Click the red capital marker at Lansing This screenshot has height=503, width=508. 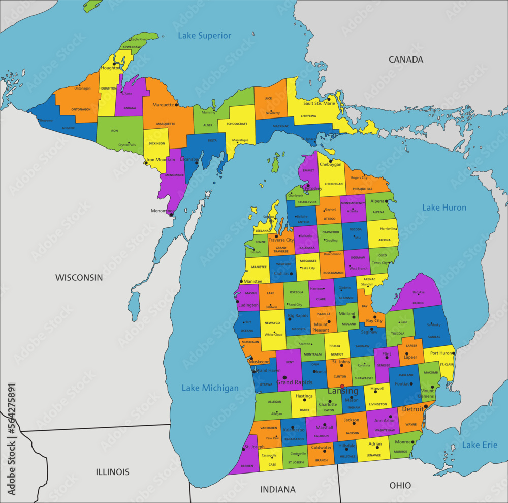click(x=342, y=387)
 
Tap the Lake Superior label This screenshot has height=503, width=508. click(x=204, y=36)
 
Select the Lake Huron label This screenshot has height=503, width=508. click(x=444, y=208)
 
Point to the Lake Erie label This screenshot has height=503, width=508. click(x=480, y=445)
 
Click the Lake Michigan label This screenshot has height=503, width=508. click(x=210, y=388)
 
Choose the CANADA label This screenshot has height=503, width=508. click(x=406, y=60)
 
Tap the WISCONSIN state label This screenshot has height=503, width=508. click(x=79, y=278)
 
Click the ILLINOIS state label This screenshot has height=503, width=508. click(x=113, y=472)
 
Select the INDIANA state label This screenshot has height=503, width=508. click(x=278, y=490)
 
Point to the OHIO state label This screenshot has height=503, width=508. click(x=400, y=486)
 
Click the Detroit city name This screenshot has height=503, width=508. click(x=412, y=409)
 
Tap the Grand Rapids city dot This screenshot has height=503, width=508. click(x=284, y=377)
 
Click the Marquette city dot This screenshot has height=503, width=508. click(x=177, y=105)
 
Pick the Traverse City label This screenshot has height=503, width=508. click(x=281, y=240)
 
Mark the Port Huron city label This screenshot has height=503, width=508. click(x=441, y=353)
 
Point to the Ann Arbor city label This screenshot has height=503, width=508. click(x=385, y=420)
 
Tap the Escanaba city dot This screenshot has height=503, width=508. click(x=197, y=163)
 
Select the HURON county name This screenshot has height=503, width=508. click(x=418, y=303)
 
